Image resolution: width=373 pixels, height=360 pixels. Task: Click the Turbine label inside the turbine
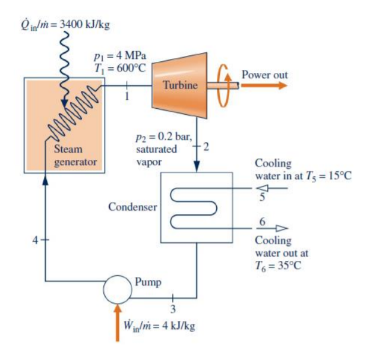tap(181, 86)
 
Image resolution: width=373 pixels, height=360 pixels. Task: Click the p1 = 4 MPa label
tap(121, 56)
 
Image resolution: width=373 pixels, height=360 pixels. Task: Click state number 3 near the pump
tap(174, 308)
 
